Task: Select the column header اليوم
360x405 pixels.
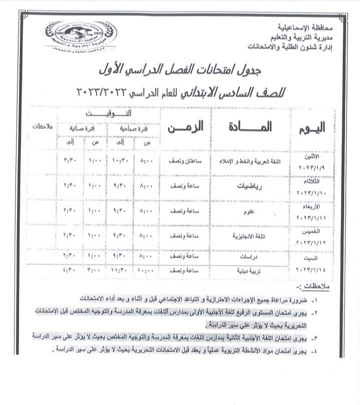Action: point(311,127)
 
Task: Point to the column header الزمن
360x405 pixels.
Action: point(185,127)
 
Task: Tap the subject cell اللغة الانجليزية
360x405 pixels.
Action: point(250,236)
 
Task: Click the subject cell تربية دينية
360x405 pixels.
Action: point(250,270)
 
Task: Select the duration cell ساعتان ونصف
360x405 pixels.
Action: point(185,161)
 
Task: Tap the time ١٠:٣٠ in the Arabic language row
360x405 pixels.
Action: point(122,161)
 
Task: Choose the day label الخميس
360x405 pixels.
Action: point(315,232)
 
